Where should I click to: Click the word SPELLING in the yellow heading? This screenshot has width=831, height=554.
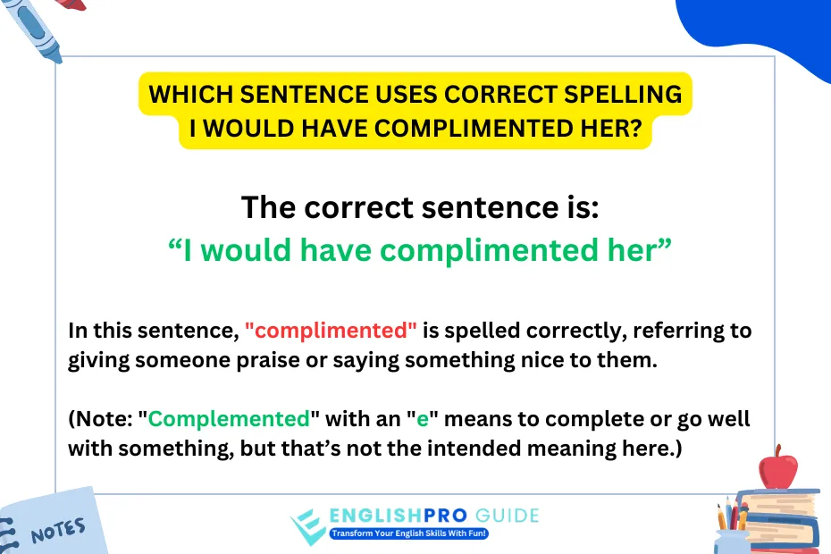click(x=623, y=95)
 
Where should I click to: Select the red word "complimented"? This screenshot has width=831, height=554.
click(x=331, y=331)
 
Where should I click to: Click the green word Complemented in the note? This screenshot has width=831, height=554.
click(x=229, y=418)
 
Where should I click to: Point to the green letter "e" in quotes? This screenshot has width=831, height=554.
click(x=423, y=419)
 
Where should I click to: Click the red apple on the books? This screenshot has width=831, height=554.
click(x=777, y=467)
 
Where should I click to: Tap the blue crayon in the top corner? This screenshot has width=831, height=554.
click(x=33, y=29)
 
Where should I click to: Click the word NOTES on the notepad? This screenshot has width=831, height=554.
click(x=58, y=531)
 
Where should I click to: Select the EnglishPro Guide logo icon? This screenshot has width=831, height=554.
click(x=306, y=526)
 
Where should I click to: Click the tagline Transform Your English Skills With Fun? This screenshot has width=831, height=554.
click(x=408, y=533)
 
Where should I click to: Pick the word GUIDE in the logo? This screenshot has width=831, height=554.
click(x=508, y=516)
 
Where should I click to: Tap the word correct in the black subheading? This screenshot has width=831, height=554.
click(x=358, y=206)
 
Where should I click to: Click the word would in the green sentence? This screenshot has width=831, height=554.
click(x=246, y=249)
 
